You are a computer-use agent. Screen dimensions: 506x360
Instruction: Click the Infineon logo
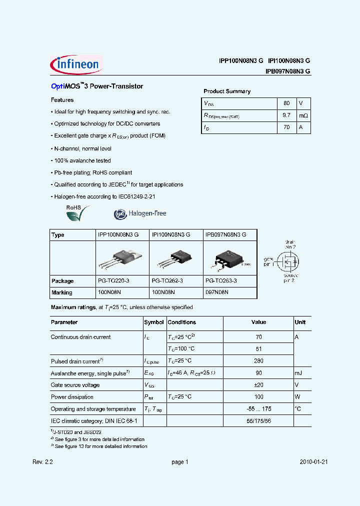coord(76,65)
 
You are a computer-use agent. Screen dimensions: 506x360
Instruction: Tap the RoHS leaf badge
coord(78,213)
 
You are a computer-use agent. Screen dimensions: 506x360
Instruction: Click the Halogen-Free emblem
coord(140,213)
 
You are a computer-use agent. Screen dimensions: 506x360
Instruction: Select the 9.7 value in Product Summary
coord(286,115)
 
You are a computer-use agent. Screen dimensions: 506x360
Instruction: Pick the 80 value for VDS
coord(286,103)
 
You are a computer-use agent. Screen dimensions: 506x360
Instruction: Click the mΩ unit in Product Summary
coord(303,115)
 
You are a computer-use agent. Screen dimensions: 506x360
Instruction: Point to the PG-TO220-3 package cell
coord(113,281)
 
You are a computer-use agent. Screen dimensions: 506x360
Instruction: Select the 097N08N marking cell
coord(217,292)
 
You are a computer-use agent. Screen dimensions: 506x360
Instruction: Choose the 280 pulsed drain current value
coord(258,361)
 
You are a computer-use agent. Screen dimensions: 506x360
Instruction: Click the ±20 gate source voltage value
coord(258,385)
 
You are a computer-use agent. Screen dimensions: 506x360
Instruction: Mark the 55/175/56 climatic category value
coord(258,421)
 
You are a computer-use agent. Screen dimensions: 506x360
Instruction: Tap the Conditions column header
coord(181,322)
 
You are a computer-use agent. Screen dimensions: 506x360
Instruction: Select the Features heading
coord(62,100)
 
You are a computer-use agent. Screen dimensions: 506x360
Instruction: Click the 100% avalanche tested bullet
coord(82,160)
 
